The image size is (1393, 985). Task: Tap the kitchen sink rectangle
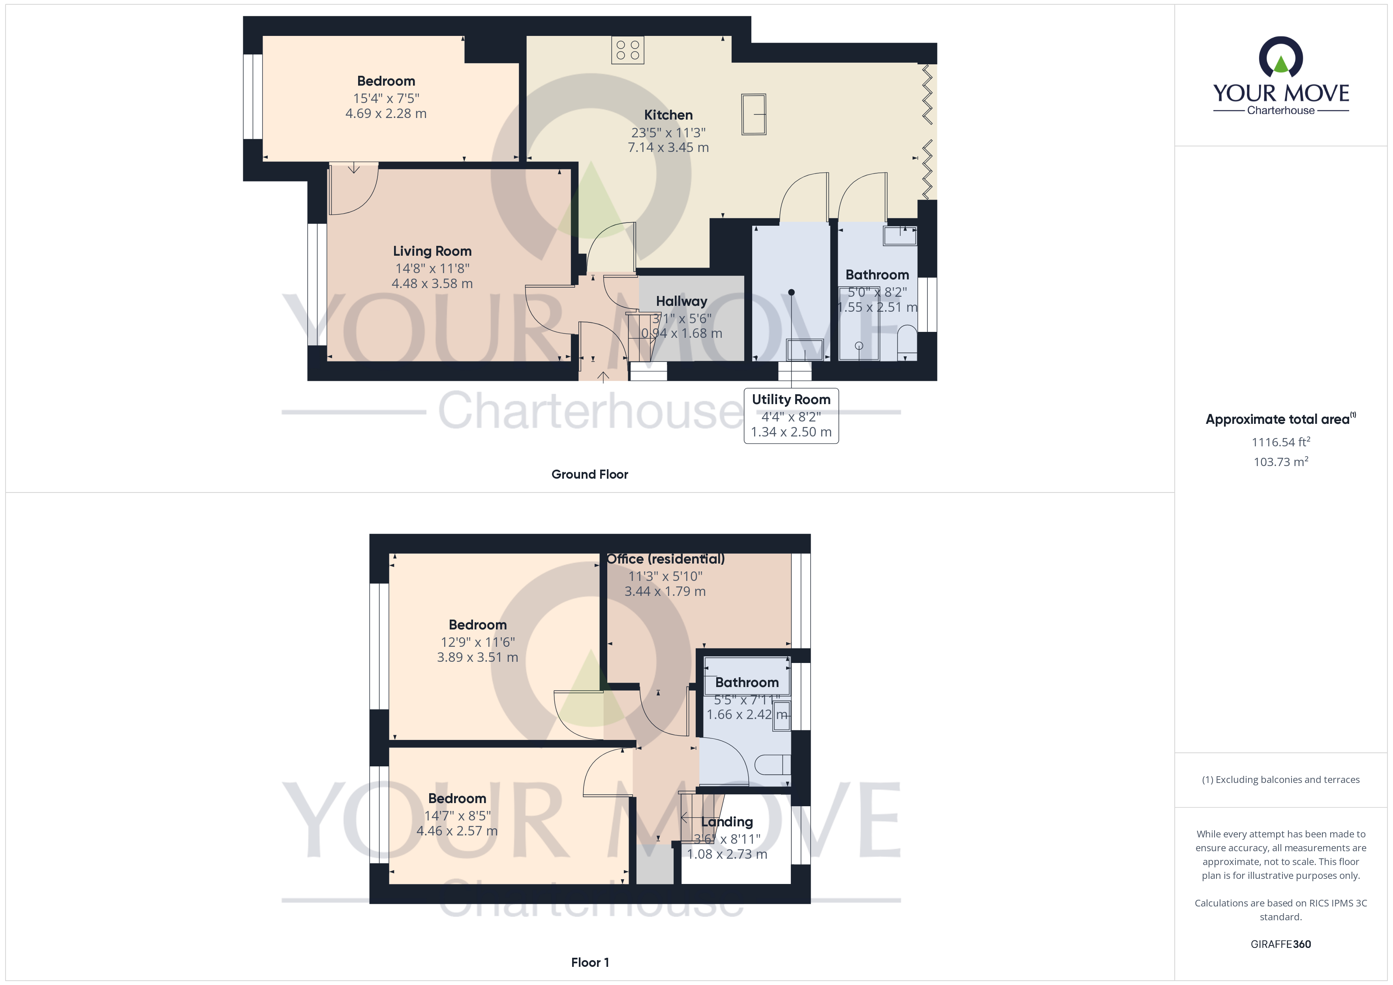point(753,114)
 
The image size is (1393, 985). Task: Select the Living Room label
point(432,251)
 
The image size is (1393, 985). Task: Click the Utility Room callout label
point(791,400)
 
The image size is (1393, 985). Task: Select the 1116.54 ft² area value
point(1280,442)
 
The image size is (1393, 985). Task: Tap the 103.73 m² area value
point(1280,462)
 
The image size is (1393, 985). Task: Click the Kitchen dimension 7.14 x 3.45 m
point(668,147)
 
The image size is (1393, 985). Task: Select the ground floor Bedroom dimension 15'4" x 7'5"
point(386,98)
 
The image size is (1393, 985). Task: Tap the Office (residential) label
point(666,559)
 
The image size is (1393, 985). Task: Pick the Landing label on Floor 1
point(727,822)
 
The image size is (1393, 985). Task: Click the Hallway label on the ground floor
point(681,301)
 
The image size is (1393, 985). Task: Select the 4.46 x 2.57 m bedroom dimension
point(457,831)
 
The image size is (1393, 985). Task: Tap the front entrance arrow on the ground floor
point(603,376)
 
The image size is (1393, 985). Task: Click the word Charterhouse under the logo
point(1280,110)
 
